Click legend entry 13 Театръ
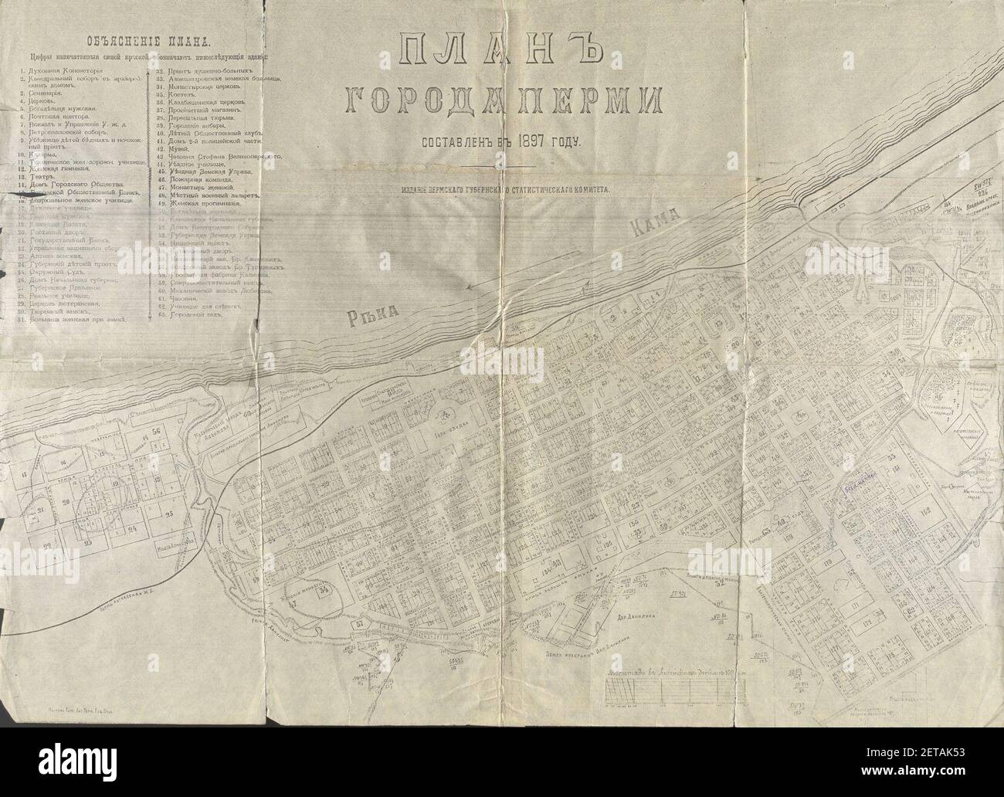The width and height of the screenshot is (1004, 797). pos(46,175)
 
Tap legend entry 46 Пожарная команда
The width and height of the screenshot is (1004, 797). pos(207,181)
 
